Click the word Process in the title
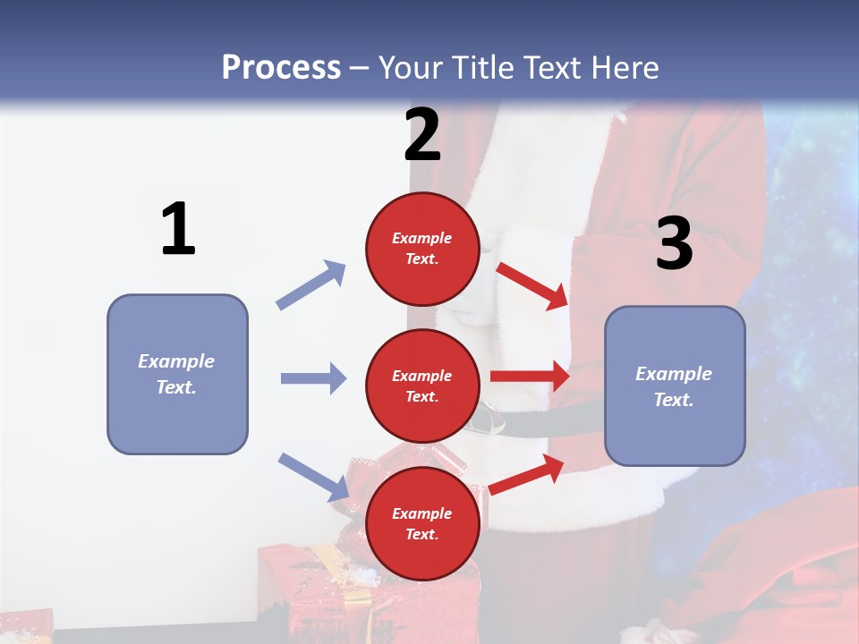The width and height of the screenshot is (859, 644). click(x=281, y=67)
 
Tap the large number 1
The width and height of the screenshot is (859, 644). click(x=178, y=230)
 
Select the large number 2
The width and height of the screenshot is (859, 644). click(x=422, y=135)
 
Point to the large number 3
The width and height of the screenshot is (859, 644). click(x=674, y=243)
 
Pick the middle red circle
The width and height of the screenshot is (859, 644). click(x=422, y=357)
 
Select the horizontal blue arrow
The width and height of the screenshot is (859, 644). click(x=313, y=378)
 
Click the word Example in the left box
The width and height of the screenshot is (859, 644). click(x=176, y=361)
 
